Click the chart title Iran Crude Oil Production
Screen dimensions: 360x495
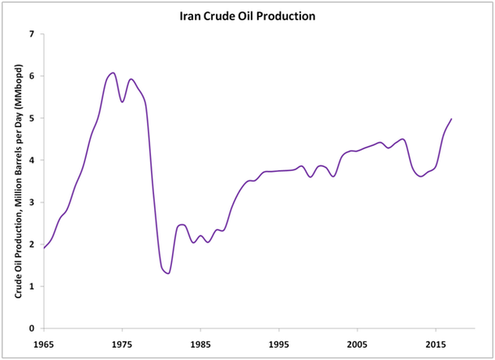[247, 15]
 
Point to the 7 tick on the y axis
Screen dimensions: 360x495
[31, 34]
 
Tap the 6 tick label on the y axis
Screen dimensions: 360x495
[31, 76]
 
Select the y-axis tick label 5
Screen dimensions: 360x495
[31, 118]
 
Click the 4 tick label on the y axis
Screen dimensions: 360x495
[31, 161]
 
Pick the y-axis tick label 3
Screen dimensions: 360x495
[31, 203]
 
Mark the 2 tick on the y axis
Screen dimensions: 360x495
[31, 245]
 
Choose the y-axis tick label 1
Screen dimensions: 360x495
[31, 287]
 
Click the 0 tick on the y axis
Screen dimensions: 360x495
[31, 329]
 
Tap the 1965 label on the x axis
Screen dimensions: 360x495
[44, 344]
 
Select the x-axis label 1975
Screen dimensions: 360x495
[123, 344]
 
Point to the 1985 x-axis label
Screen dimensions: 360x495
[200, 344]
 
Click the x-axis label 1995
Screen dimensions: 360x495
[279, 344]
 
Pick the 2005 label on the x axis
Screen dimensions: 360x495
[357, 344]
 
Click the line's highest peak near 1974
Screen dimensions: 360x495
[113, 73]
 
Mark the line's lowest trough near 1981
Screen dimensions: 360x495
[168, 273]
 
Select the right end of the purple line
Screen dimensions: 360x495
[451, 119]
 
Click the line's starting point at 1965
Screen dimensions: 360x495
[44, 247]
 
